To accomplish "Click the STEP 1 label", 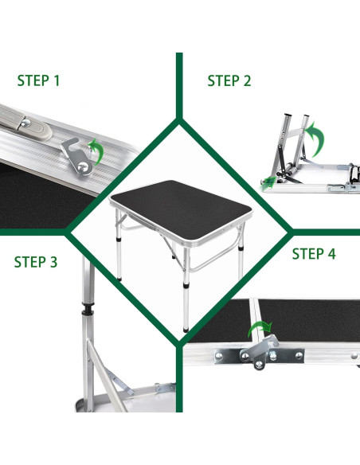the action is [x=38, y=80].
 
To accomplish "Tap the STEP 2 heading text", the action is [x=229, y=80].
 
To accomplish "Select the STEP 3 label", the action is [x=36, y=262].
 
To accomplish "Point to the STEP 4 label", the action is [x=314, y=254].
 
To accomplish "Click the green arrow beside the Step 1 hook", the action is [x=96, y=151].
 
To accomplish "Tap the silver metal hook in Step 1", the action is [x=76, y=156].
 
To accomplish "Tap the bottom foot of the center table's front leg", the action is [x=186, y=329].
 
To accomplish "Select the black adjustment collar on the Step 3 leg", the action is [x=88, y=309].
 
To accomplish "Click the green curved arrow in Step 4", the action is [x=260, y=328].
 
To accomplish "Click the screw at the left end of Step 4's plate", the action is [x=219, y=356].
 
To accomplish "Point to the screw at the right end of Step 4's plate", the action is [x=299, y=355].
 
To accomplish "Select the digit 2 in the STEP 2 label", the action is [x=248, y=81].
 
